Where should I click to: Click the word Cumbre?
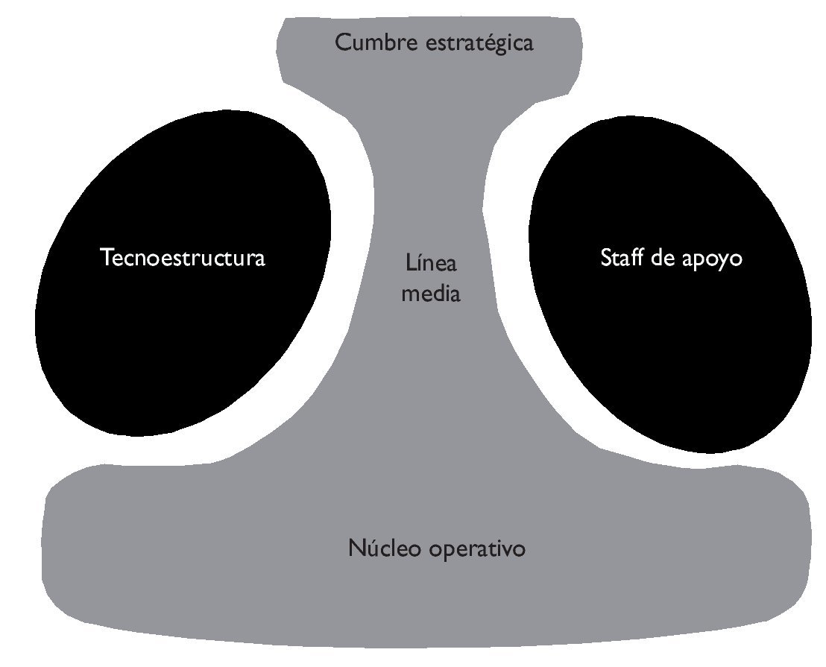pyautogui.click(x=369, y=42)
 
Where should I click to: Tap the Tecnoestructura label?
pyautogui.click(x=183, y=259)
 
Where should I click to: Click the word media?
pyautogui.click(x=431, y=294)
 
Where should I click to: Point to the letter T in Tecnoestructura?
pyautogui.click(x=106, y=259)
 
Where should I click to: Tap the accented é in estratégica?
pyautogui.click(x=486, y=42)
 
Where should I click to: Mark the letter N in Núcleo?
pyautogui.click(x=355, y=549)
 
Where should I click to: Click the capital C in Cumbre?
pyautogui.click(x=342, y=42)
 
